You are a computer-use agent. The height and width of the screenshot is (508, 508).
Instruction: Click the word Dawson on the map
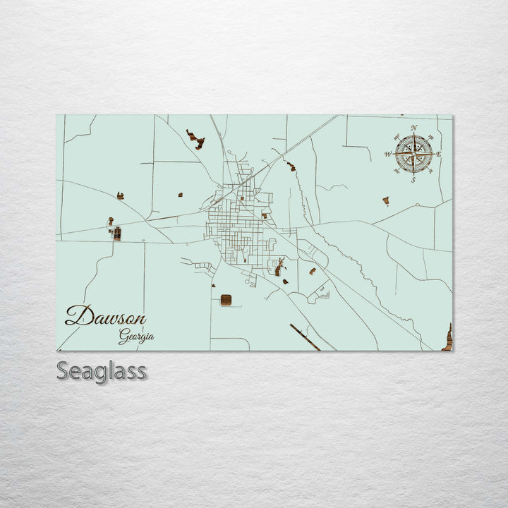(105, 315)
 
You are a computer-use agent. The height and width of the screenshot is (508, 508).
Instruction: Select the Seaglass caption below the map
(101, 370)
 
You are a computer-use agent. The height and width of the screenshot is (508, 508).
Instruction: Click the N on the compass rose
(413, 128)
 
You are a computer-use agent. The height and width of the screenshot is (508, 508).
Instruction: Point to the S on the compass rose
(413, 180)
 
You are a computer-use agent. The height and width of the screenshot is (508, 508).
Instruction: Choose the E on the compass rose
(438, 154)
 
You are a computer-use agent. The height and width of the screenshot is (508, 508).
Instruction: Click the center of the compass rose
(413, 154)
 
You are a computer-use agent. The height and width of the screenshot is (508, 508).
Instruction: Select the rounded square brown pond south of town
(226, 301)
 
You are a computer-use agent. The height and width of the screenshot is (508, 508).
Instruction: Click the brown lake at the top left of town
(195, 139)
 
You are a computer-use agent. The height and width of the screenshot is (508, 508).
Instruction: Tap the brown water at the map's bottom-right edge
(448, 338)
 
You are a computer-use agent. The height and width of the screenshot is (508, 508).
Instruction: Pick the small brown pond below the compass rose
(386, 201)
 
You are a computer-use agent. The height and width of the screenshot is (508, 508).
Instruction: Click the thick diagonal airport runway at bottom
(305, 337)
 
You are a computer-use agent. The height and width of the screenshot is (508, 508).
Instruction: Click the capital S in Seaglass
(63, 370)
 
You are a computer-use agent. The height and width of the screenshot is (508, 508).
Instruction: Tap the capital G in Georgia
(123, 337)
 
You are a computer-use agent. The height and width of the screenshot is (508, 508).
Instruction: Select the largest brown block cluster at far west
(116, 233)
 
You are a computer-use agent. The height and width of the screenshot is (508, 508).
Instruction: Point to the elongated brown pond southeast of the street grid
(279, 267)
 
